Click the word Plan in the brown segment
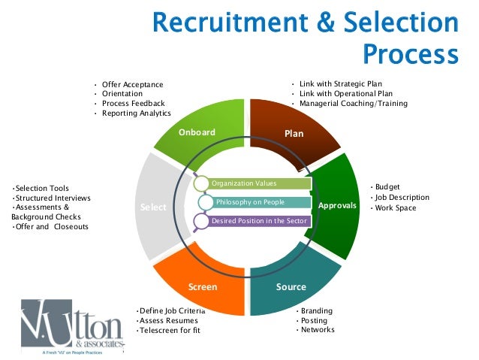(294, 134)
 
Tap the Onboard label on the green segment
(197, 133)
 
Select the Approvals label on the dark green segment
(337, 205)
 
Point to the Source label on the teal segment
(291, 287)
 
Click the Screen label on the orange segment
(203, 287)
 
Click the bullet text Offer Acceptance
(132, 84)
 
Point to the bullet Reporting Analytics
(136, 113)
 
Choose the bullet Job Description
(403, 197)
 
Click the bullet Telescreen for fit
(170, 331)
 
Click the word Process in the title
(409, 56)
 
